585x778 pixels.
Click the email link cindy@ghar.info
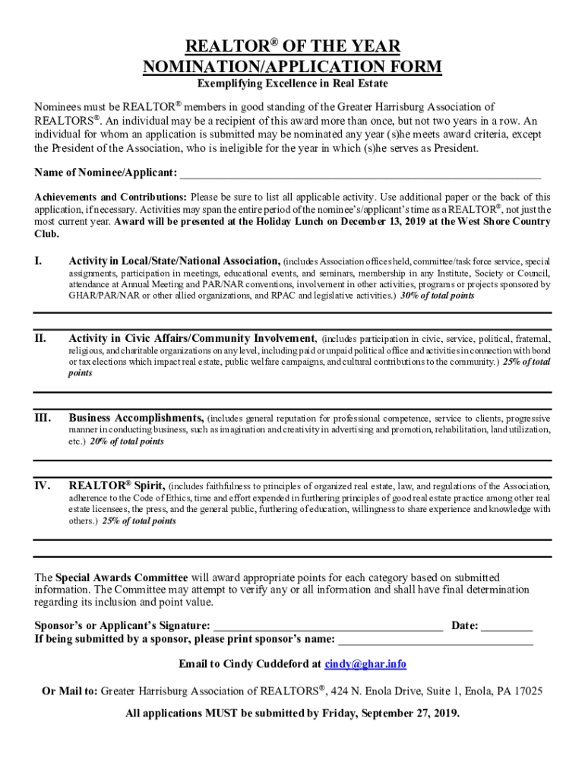365,664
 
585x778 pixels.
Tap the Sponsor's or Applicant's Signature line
327,627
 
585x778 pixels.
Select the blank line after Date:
507,627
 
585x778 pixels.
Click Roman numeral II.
40,338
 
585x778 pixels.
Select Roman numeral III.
42,418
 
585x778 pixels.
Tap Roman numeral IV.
43,485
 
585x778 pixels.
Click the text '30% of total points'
438,296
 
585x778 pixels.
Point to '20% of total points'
127,441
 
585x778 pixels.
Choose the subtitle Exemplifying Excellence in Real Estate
292,84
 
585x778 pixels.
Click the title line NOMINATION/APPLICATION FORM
292,67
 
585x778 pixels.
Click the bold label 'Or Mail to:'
70,691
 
